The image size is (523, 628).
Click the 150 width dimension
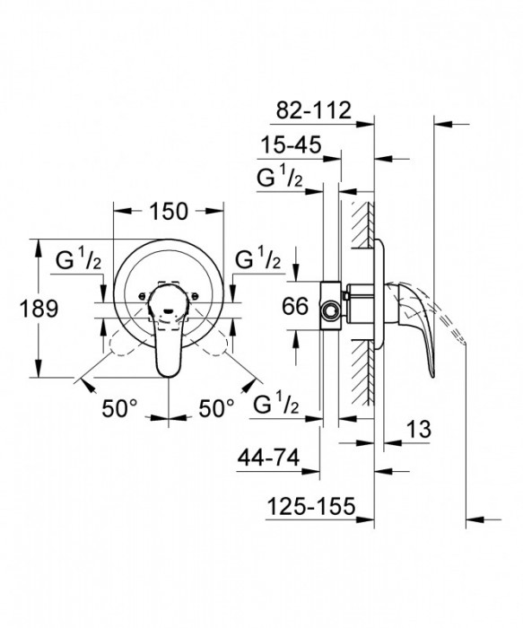point(168,212)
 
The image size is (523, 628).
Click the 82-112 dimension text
point(310,112)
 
